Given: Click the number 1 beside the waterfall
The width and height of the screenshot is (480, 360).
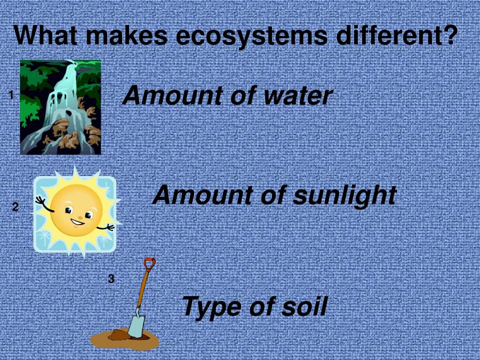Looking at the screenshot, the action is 11,95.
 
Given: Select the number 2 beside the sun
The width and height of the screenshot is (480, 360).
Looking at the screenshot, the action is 15,207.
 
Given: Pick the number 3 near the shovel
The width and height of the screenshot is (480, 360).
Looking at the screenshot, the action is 111,278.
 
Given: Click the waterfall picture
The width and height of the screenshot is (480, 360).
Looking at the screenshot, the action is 60,107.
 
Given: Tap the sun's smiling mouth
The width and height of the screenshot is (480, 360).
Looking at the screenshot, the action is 77,221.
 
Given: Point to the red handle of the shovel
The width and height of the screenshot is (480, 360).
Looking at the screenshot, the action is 149,264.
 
